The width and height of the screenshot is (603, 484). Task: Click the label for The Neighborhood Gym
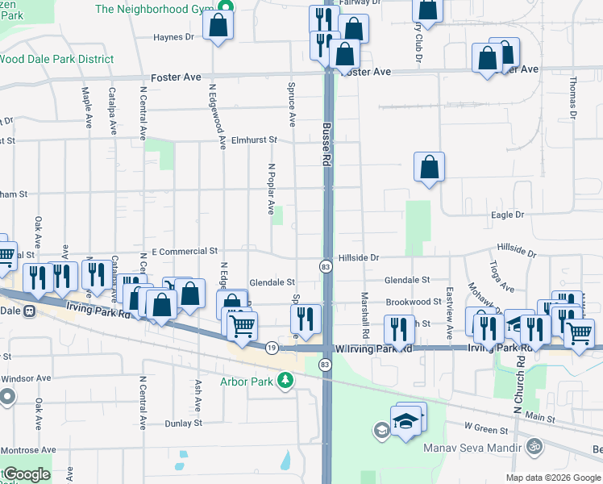tap(152, 9)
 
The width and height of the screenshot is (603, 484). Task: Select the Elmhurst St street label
tap(254, 140)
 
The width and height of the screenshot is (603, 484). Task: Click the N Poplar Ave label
tap(271, 190)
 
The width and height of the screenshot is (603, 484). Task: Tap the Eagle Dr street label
tap(508, 215)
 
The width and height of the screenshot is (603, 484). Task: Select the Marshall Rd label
tap(365, 315)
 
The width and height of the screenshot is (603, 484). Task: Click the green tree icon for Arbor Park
tap(284, 380)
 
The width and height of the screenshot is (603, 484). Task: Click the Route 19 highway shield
tap(272, 348)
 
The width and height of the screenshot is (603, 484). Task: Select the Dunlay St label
tap(183, 423)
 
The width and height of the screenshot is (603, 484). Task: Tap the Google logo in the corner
tap(27, 474)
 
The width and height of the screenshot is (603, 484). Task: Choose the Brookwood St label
tap(413, 302)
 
